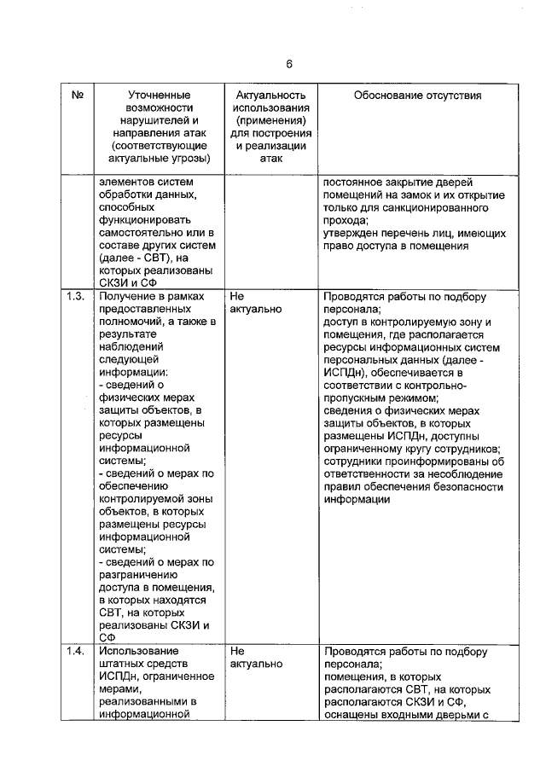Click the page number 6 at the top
tap(289, 64)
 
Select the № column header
tap(77, 96)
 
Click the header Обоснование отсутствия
tap(417, 96)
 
